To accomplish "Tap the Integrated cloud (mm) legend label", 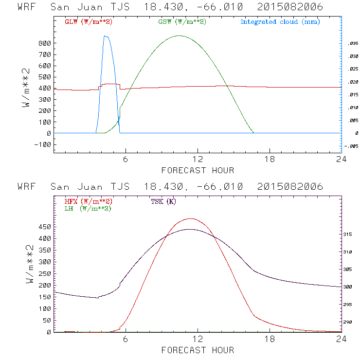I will [x=280, y=22].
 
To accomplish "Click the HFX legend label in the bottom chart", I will [x=86, y=201].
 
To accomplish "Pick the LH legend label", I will [x=88, y=208].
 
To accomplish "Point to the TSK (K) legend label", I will [x=163, y=201].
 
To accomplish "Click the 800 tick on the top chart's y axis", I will [x=44, y=43].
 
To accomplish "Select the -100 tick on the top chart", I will [x=42, y=144].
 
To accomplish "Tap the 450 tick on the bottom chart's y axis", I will [x=44, y=227].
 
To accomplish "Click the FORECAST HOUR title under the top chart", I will [x=198, y=170].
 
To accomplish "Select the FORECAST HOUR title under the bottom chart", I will [x=198, y=350].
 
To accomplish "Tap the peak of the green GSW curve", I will [x=180, y=36].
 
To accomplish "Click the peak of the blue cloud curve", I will [x=106, y=36].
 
